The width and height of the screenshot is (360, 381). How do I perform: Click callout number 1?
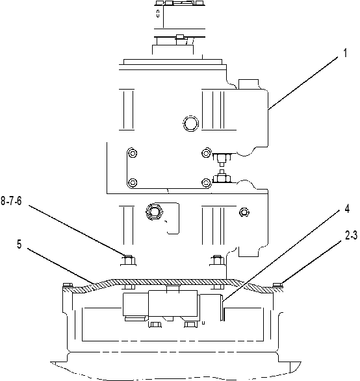pyautogui.click(x=345, y=53)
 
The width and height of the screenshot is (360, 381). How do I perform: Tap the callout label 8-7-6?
pyautogui.click(x=11, y=201)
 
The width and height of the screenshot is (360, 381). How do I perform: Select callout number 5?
pyautogui.click(x=19, y=244)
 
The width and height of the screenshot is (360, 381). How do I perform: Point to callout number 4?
pyautogui.click(x=347, y=209)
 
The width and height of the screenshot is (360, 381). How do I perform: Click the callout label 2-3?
pyautogui.click(x=352, y=236)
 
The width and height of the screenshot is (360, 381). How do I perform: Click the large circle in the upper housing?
pyautogui.click(x=190, y=123)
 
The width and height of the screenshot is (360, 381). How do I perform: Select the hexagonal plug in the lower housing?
pyautogui.click(x=155, y=212)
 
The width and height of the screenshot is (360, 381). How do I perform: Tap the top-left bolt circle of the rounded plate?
pyautogui.click(x=133, y=153)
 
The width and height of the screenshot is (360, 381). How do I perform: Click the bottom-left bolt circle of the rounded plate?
pyautogui.click(x=133, y=182)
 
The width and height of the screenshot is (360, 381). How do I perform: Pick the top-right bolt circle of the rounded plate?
pyautogui.click(x=206, y=153)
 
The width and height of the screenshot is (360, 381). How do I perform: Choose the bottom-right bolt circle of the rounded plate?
pyautogui.click(x=206, y=182)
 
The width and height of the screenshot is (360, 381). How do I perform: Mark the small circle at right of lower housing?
pyautogui.click(x=244, y=212)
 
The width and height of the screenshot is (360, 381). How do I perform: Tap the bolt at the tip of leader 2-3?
pyautogui.click(x=277, y=285)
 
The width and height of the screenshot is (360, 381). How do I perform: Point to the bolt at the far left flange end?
pyautogui.click(x=67, y=285)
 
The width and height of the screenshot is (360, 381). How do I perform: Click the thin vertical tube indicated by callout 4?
pyautogui.click(x=223, y=308)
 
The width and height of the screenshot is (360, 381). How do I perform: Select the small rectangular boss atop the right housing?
pyautogui.click(x=248, y=84)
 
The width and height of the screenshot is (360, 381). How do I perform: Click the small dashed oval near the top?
pyautogui.click(x=158, y=14)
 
